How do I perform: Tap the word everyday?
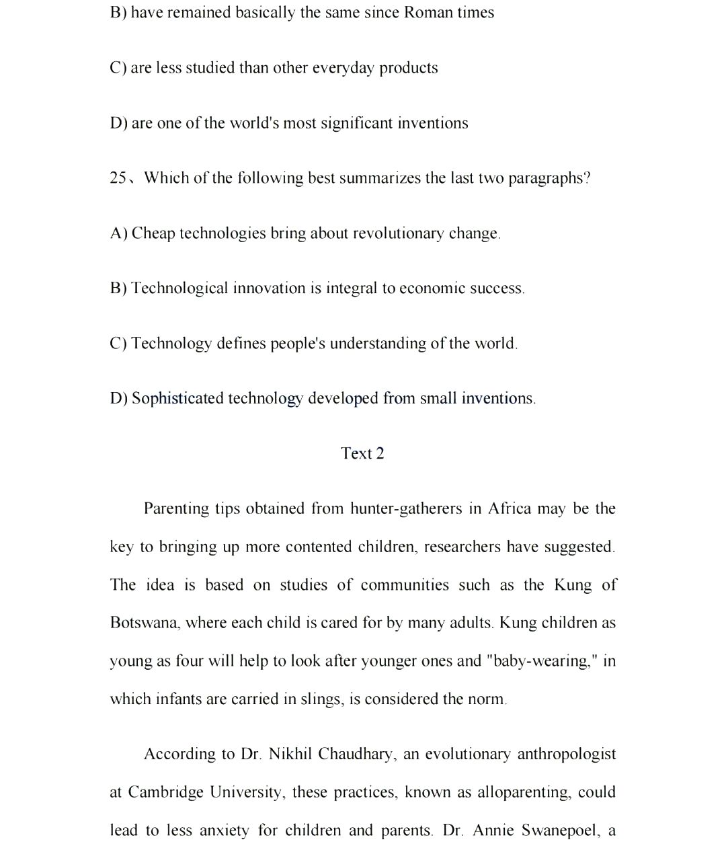click(x=343, y=68)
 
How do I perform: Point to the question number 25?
click(x=118, y=178)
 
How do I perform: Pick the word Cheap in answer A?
click(x=153, y=233)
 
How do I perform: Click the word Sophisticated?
click(x=177, y=398)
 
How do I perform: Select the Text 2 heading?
click(x=362, y=453)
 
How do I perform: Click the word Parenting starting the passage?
click(x=177, y=508)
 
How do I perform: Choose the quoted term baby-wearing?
click(x=541, y=660)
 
